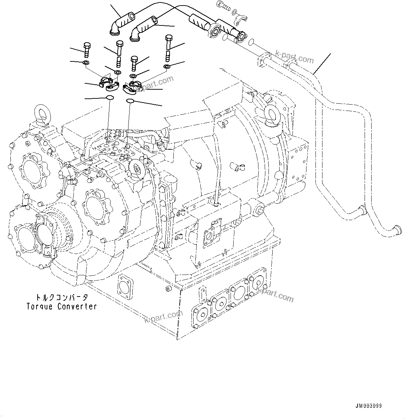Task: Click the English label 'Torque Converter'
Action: click(x=62, y=306)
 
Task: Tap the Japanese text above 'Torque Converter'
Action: click(x=62, y=298)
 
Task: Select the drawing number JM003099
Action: click(x=369, y=406)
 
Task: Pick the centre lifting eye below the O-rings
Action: click(x=138, y=167)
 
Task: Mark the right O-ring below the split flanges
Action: click(x=130, y=101)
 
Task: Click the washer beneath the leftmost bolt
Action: click(x=85, y=63)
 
